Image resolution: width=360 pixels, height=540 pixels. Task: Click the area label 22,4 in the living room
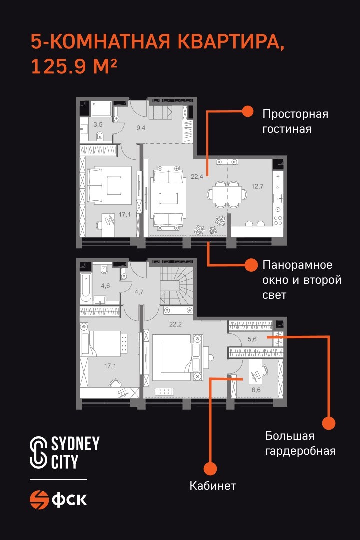point(197,177)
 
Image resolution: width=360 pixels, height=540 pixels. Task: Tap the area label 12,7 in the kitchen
point(257,186)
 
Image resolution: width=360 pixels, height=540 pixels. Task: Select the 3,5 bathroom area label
point(98,124)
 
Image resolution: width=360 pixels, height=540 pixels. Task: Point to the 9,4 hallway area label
point(141,128)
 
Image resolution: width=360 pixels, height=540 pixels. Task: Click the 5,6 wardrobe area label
point(252,339)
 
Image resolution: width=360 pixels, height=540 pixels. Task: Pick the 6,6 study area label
point(256,390)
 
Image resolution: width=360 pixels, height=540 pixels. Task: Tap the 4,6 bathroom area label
point(105,285)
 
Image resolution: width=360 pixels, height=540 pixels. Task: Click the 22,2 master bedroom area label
point(175,324)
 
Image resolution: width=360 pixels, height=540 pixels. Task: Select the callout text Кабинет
point(213,486)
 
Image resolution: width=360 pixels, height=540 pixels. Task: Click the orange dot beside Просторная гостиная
point(247,111)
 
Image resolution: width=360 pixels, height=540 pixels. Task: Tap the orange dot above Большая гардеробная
point(329,423)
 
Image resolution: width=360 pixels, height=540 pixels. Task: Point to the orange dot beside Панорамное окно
point(251,265)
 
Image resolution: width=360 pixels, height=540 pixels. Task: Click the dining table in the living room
point(226,194)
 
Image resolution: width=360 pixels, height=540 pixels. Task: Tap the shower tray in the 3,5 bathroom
point(101,109)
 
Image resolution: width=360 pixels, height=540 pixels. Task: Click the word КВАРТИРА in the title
point(232,42)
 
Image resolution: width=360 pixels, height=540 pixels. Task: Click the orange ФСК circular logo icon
point(39,499)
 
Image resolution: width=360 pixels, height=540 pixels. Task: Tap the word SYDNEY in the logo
point(75,444)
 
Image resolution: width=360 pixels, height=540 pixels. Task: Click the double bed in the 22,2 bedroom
point(175,358)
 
